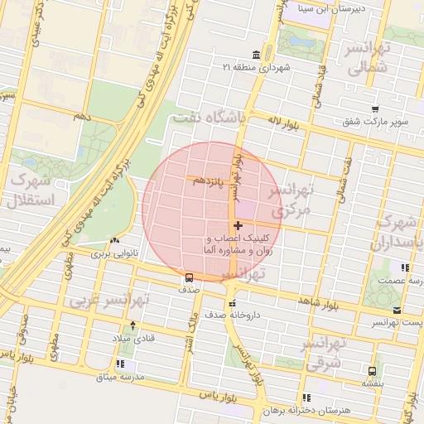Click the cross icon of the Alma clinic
pos(238,225)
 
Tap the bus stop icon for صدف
pos(189,277)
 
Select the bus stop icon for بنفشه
pos(371,371)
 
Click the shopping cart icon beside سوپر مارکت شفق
pos(375,108)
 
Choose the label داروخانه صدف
pos(266,313)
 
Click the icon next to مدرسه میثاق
pos(122,363)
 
